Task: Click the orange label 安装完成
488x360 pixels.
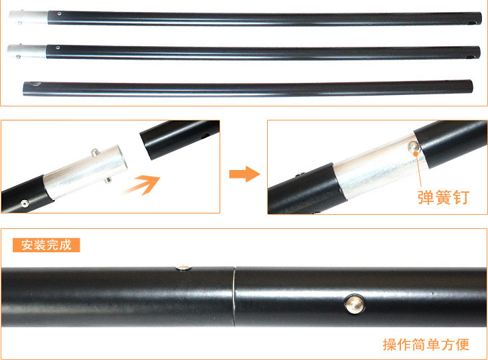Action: [x=46, y=245]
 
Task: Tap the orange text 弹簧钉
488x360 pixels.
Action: [x=443, y=197]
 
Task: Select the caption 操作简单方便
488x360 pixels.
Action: [x=426, y=345]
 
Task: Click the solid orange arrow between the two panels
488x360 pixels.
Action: [x=244, y=174]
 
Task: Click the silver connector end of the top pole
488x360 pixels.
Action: [x=29, y=17]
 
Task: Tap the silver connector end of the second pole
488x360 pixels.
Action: [x=27, y=52]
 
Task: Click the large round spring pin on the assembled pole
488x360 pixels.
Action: [x=355, y=304]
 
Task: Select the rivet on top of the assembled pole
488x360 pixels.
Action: [x=183, y=267]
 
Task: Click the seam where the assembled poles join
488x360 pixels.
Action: [x=234, y=296]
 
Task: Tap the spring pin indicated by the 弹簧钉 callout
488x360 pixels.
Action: [x=414, y=147]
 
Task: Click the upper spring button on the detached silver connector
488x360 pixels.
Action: [x=95, y=152]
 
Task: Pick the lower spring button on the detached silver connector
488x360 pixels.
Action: [x=108, y=179]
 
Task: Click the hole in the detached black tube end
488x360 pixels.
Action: [x=205, y=136]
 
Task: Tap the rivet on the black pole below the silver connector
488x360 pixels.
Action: [x=25, y=203]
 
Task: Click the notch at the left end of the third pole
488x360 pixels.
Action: [x=35, y=84]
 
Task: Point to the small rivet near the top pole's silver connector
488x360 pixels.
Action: [x=59, y=13]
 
